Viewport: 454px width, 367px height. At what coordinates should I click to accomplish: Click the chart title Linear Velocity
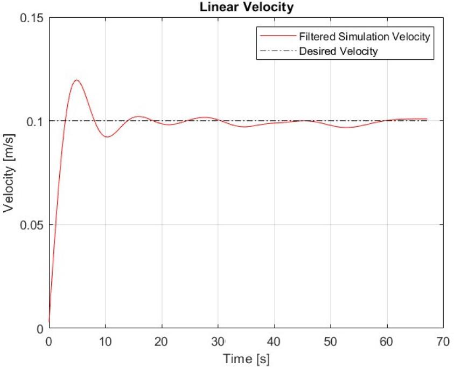point(246,8)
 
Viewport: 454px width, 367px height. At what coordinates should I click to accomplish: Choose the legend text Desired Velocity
point(338,52)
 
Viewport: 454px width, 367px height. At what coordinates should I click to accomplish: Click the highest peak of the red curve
point(76,80)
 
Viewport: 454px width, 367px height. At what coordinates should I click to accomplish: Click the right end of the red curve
point(427,119)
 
